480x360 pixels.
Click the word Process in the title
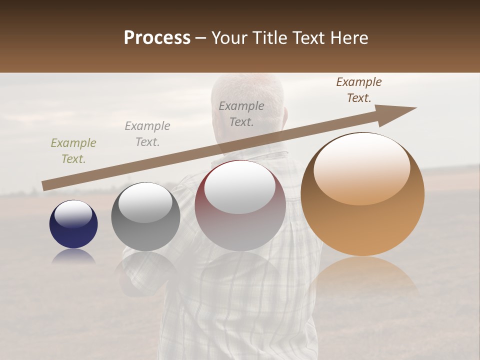point(157,38)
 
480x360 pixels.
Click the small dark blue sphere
point(73,224)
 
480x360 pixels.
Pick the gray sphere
point(145,216)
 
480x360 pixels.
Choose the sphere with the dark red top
point(240,205)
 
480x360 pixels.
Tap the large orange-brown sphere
point(362,194)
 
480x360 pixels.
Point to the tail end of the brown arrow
point(44,186)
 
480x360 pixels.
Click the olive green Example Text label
point(73,151)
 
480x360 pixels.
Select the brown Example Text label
point(359,90)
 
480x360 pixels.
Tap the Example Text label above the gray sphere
point(147,134)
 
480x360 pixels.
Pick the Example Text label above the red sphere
point(241,114)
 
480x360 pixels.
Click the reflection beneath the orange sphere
point(363,277)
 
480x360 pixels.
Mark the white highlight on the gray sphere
point(145,202)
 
